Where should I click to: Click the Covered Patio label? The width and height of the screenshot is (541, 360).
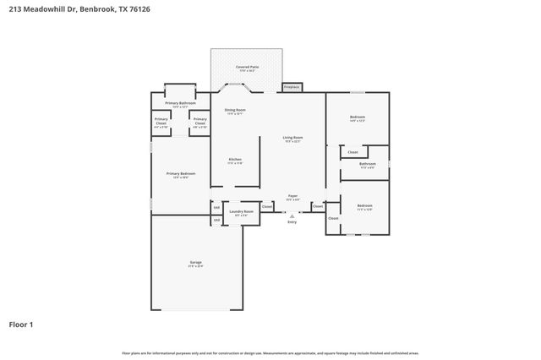click(248, 66)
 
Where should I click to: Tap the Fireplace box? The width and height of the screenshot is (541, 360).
click(292, 86)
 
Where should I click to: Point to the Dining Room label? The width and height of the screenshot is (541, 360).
click(235, 111)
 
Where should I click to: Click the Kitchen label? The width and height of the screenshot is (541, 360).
click(235, 160)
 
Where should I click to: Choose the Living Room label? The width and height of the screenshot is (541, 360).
click(292, 139)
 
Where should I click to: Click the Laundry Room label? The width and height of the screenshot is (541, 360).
click(241, 212)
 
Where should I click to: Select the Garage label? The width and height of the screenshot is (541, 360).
click(195, 264)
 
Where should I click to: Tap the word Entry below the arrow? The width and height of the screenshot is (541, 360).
click(292, 221)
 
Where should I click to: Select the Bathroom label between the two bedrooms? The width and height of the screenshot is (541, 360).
click(367, 165)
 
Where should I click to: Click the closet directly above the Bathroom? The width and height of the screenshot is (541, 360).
click(352, 152)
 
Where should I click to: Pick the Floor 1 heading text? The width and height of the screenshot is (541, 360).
click(21, 324)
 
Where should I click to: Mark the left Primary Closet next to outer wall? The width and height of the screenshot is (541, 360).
click(161, 121)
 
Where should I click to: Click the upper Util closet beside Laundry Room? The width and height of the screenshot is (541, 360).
click(216, 207)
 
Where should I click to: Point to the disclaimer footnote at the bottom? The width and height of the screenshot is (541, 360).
click(270, 352)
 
